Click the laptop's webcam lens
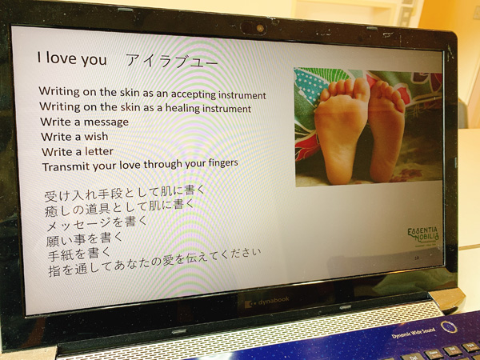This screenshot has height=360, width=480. tap(260, 29)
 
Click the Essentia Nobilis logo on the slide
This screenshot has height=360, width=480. tap(423, 236)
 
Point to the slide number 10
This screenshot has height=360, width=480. tap(417, 258)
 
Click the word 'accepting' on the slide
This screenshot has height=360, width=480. tap(194, 94)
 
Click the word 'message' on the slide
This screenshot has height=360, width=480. tap(106, 122)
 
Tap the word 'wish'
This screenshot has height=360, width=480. tap(97, 136)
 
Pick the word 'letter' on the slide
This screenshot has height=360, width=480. tap(99, 151)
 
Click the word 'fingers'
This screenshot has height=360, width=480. tap(223, 162)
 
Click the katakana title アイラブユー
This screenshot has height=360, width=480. tap(172, 61)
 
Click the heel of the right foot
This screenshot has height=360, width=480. tap(382, 170)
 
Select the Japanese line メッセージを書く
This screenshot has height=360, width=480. tap(97, 224)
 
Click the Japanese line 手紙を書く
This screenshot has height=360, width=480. tap(79, 254)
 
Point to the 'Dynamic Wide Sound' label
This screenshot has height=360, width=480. tap(414, 333)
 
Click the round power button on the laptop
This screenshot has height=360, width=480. tap(449, 327)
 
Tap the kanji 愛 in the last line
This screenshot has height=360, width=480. tap(168, 260)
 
